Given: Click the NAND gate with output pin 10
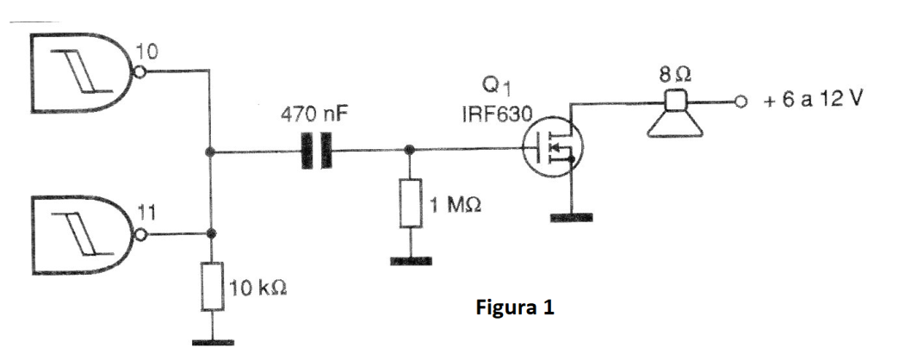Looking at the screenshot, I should click(x=82, y=72).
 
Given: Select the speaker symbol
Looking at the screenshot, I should click(x=676, y=115).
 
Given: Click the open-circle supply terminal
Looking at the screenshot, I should click(x=738, y=102).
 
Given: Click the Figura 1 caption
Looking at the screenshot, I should click(x=516, y=307).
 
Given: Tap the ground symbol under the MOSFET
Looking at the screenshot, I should click(x=570, y=217).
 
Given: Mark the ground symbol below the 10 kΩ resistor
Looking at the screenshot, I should click(x=212, y=342).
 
